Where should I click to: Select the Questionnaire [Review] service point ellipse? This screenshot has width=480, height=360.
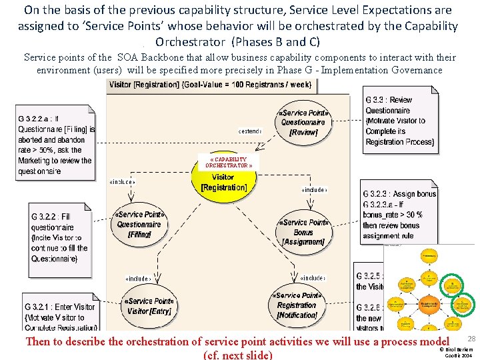coord(303,122)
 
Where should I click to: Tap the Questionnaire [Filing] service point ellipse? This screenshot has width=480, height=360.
coord(140,225)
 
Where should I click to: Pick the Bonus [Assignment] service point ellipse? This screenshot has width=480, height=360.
coord(303,232)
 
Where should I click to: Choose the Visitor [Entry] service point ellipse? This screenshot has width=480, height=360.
coord(149,305)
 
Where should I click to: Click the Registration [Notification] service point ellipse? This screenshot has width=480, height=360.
coord(297,305)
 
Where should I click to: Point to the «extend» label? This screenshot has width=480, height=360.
coord(249,131)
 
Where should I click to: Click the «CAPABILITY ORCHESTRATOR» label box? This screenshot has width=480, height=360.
coord(228,162)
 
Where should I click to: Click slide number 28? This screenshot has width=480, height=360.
coord(471,339)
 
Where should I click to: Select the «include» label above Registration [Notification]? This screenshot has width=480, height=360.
coord(312,277)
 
